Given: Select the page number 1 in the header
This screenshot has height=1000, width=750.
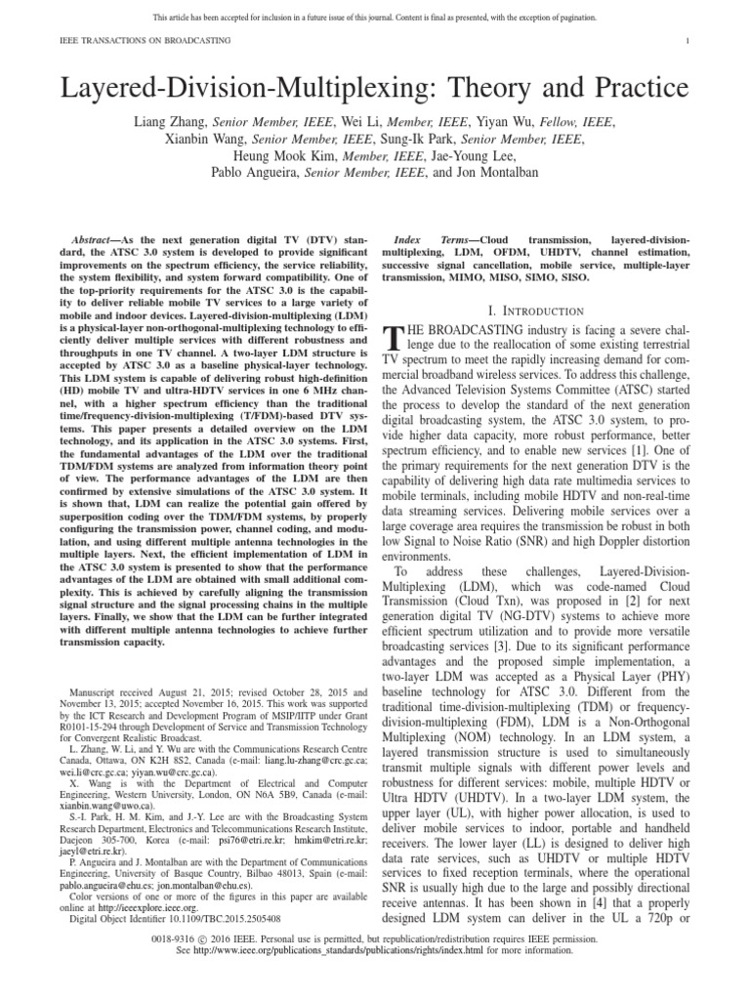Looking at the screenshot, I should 688,40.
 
